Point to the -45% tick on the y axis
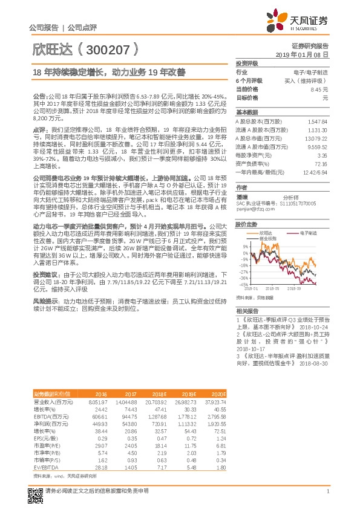pyautogui.click(x=243, y=284)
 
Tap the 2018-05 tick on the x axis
pyautogui.click(x=272, y=289)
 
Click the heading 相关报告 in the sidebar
pyautogui.click(x=246, y=310)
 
